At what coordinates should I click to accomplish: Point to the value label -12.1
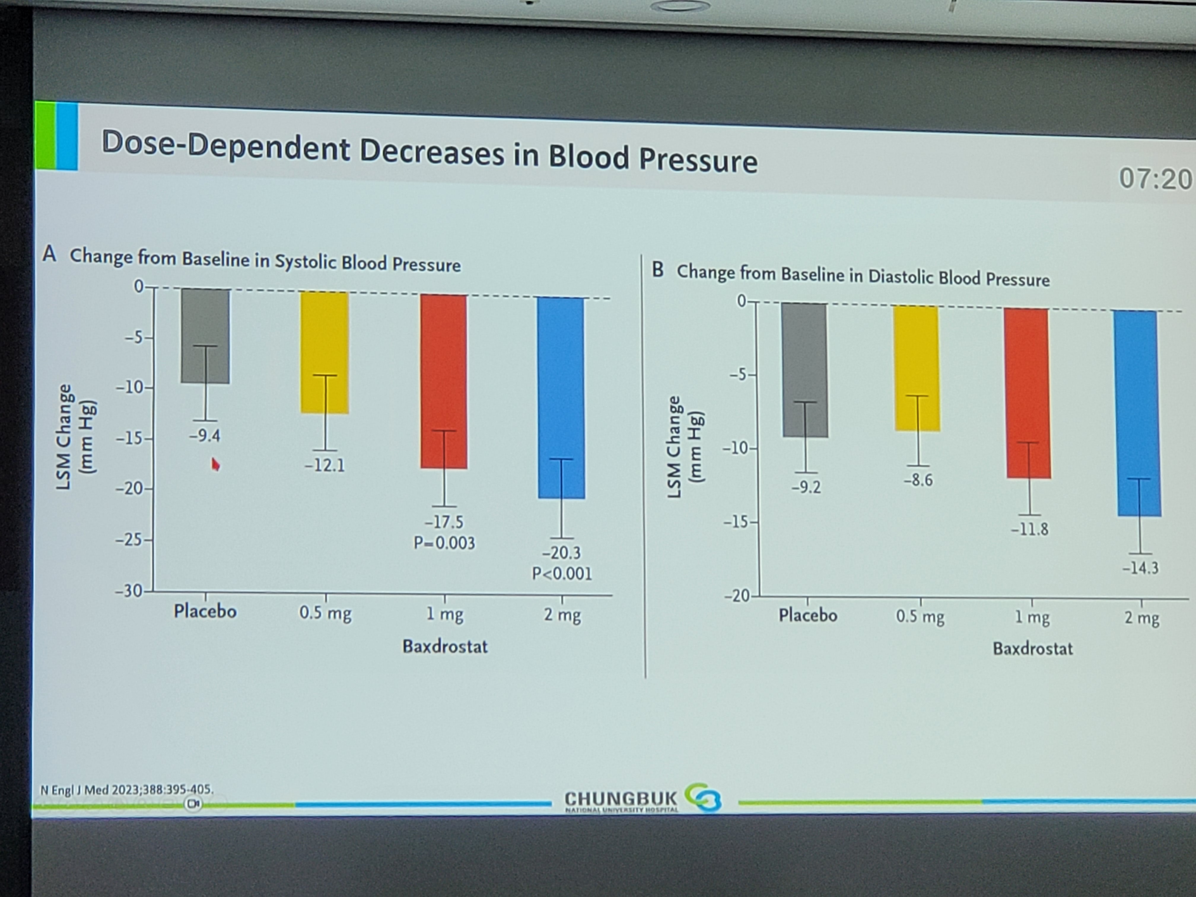point(325,465)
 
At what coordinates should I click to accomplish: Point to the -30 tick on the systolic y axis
point(130,591)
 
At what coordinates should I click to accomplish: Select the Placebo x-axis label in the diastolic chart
point(808,615)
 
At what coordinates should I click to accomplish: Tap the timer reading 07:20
point(1154,179)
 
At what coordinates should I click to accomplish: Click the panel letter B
point(658,269)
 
